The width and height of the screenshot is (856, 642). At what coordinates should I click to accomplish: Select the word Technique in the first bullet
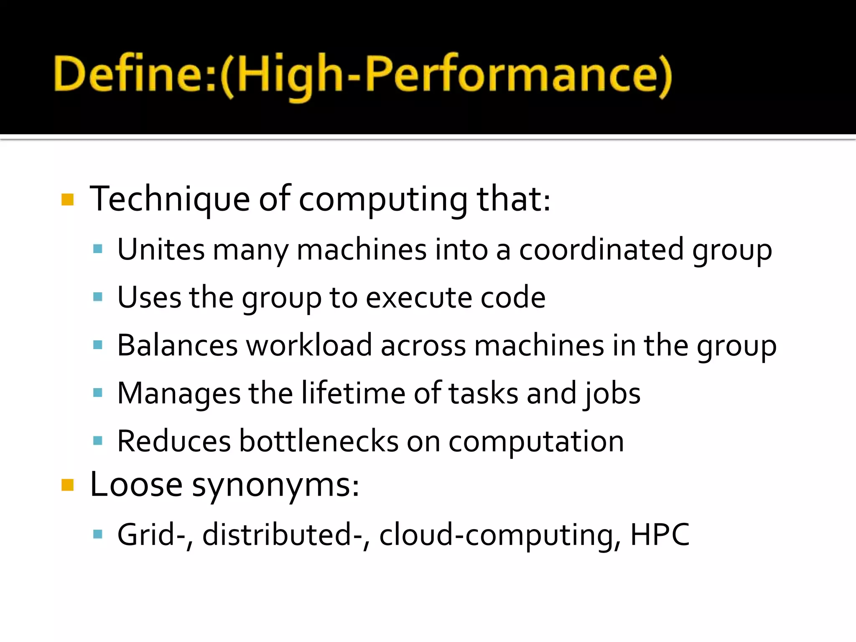(x=170, y=199)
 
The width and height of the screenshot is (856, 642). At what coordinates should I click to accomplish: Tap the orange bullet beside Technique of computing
(x=67, y=200)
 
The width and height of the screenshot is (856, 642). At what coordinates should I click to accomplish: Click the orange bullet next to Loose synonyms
(x=67, y=485)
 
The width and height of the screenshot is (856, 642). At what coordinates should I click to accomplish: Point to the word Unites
(x=161, y=250)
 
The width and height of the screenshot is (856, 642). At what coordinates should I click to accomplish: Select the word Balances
(x=177, y=346)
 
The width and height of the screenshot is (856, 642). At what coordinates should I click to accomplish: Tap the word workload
(x=309, y=346)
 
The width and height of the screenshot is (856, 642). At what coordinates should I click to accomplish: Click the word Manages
(x=179, y=394)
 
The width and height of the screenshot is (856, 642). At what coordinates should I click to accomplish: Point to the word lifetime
(x=353, y=394)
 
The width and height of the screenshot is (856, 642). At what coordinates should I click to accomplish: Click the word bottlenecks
(x=318, y=441)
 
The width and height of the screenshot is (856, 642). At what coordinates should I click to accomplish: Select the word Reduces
(x=174, y=441)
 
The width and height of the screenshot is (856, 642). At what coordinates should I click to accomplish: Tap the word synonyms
(x=275, y=486)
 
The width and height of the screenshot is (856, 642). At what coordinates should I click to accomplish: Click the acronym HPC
(x=660, y=535)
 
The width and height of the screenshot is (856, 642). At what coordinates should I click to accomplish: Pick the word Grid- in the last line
(x=151, y=535)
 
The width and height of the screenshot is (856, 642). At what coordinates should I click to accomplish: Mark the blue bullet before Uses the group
(x=98, y=298)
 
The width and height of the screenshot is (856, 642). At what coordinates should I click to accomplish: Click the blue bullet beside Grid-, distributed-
(x=98, y=534)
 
